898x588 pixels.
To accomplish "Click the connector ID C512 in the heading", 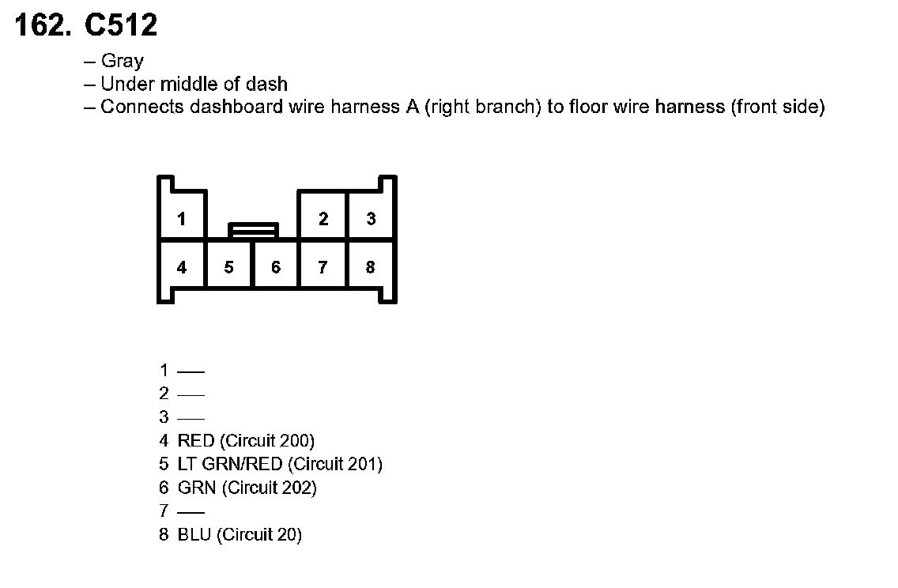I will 121,26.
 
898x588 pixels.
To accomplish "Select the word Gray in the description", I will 123,61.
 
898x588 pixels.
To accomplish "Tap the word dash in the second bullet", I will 269,84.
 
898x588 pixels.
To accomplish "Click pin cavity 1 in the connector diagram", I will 182,219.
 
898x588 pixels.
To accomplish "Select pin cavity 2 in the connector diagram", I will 323,219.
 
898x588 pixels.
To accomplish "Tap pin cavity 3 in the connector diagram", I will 371,219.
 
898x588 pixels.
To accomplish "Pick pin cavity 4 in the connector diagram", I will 182,267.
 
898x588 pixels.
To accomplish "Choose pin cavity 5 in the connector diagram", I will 228,267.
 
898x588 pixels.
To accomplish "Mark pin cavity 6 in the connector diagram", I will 276,267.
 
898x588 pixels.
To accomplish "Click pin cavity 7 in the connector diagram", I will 323,267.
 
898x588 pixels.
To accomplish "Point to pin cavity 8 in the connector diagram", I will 370,267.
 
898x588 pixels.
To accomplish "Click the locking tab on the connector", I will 253,230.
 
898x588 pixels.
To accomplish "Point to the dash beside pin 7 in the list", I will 191,512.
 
